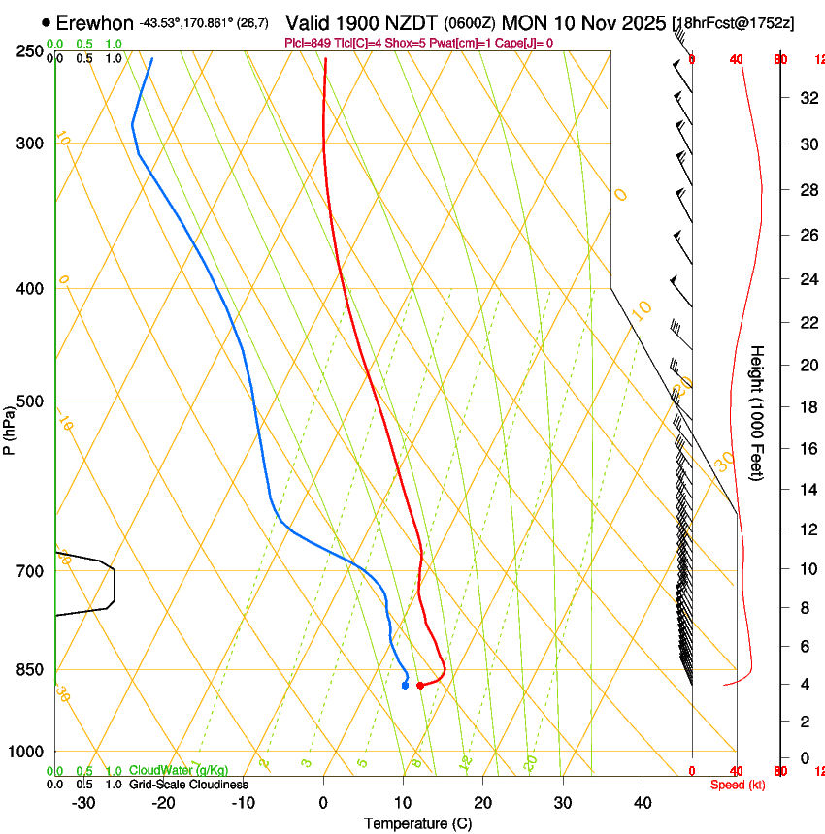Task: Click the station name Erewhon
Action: [x=94, y=21]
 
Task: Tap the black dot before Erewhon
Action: [x=47, y=21]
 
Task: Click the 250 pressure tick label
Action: [x=29, y=50]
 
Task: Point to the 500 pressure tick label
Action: [x=29, y=401]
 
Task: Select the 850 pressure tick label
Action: [x=29, y=669]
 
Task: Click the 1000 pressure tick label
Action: [x=26, y=751]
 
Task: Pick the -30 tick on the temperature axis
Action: [x=83, y=803]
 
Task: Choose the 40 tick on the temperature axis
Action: [x=642, y=803]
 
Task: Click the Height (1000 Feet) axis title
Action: [x=758, y=413]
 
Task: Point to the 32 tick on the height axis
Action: [x=806, y=98]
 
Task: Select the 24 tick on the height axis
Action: [x=806, y=280]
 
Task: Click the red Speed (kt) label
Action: [x=737, y=785]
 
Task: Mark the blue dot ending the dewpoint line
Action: [x=405, y=686]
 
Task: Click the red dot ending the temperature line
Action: [x=420, y=686]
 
